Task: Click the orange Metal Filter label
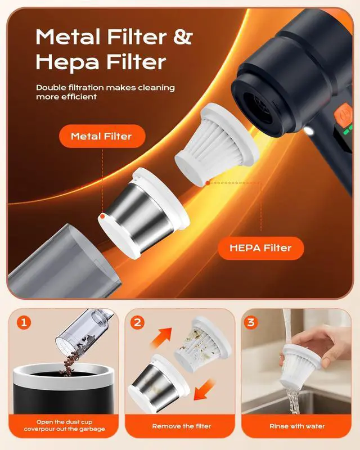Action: click(101, 136)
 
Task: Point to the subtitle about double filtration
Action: click(105, 92)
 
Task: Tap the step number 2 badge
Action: click(138, 323)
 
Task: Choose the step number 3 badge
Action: click(252, 323)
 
